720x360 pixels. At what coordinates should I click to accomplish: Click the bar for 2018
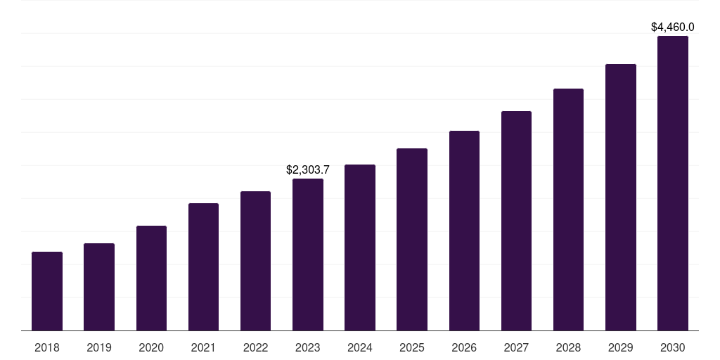click(x=47, y=291)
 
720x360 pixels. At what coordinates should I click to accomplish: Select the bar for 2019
click(x=99, y=287)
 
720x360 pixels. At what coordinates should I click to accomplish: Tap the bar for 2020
click(x=151, y=278)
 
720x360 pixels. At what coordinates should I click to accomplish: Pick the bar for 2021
click(x=203, y=266)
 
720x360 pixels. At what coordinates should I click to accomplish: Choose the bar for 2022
click(x=255, y=261)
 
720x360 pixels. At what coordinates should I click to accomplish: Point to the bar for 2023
click(x=308, y=255)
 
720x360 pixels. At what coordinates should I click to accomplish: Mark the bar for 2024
click(x=360, y=247)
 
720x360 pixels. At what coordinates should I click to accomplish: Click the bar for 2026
click(x=464, y=231)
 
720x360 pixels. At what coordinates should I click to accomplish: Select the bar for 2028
click(x=568, y=210)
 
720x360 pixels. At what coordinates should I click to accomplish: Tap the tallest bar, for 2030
click(x=673, y=183)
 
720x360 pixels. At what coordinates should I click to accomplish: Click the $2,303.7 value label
click(x=308, y=170)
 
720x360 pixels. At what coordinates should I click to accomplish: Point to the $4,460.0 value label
click(x=673, y=27)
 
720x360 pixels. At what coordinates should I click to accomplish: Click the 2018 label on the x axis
click(x=47, y=347)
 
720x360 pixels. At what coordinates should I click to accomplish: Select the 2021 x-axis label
click(x=203, y=347)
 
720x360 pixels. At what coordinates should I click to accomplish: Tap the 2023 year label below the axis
click(x=308, y=347)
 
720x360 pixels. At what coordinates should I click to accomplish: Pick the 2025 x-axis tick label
click(x=412, y=347)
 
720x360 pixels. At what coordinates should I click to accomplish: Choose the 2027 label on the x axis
click(x=516, y=347)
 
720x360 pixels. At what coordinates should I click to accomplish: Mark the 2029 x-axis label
click(x=621, y=347)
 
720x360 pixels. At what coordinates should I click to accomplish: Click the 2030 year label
click(x=673, y=347)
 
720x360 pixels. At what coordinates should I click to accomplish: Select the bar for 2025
click(x=412, y=239)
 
